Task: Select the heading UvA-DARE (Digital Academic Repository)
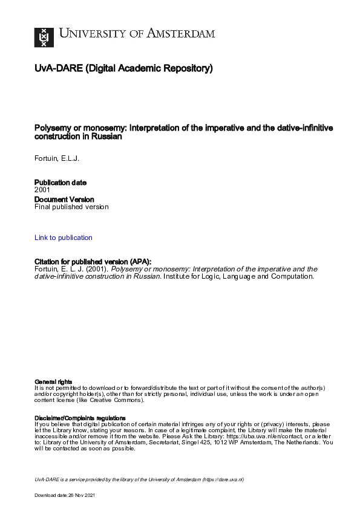123,68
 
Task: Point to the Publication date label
61,183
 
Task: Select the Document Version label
64,199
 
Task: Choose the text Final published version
71,207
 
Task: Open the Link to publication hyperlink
64,238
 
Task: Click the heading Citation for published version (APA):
93,261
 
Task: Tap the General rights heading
53,381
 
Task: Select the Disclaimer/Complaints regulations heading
80,418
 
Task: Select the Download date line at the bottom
65,495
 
